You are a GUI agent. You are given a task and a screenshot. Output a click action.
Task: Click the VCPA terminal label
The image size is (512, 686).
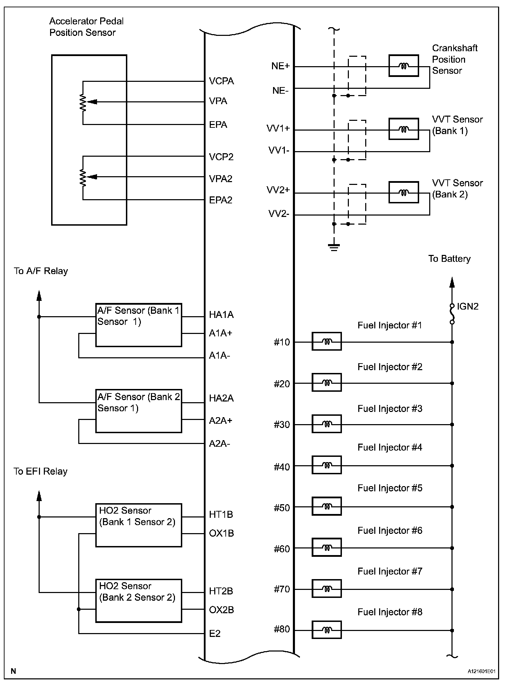tap(221, 81)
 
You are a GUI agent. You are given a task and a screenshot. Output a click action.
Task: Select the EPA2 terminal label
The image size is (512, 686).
tap(221, 200)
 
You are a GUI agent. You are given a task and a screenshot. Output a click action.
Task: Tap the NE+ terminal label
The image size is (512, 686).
tap(280, 66)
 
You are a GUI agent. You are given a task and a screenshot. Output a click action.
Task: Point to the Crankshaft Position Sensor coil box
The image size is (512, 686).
tap(403, 65)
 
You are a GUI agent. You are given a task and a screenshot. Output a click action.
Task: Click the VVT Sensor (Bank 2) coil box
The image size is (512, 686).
tap(403, 192)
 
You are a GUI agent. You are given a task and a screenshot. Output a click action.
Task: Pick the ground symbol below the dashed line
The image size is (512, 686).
tap(334, 247)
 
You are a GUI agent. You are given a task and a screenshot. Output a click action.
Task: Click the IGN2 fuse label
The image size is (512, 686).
tap(467, 306)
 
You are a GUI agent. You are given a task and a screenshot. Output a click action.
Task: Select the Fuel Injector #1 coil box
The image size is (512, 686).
tap(327, 341)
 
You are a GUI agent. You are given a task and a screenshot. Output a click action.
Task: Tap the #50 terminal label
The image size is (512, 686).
tap(282, 508)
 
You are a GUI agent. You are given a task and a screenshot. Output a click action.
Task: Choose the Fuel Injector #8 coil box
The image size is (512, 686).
tap(327, 630)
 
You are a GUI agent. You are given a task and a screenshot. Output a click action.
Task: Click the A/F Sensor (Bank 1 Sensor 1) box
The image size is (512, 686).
tap(138, 325)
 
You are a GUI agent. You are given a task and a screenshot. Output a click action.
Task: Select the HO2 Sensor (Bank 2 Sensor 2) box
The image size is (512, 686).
tap(138, 601)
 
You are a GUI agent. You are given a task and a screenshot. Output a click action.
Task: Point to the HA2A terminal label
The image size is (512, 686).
tap(221, 398)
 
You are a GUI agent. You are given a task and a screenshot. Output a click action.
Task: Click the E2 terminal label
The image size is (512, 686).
tap(215, 634)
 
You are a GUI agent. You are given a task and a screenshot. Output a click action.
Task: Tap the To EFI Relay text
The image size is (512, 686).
tap(40, 471)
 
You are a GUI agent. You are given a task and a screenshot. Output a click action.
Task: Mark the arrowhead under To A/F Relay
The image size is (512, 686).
tap(39, 295)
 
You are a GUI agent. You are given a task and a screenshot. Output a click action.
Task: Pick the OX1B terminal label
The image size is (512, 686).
tap(221, 533)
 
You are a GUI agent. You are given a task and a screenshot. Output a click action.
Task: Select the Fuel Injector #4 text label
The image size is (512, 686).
tap(390, 447)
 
